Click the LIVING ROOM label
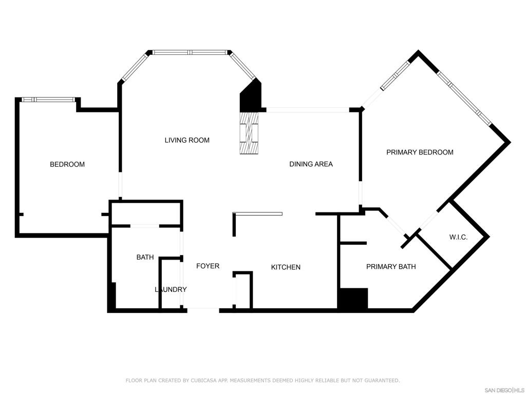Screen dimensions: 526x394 tap(187, 140)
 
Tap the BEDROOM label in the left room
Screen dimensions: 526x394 tap(67, 164)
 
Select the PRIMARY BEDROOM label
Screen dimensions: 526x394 tap(420, 152)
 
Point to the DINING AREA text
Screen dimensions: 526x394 tap(311, 164)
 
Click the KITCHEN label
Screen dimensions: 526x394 tap(286, 267)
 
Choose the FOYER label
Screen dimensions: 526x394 tap(208, 266)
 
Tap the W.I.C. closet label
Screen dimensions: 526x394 tap(458, 237)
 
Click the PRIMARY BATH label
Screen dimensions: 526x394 tap(391, 266)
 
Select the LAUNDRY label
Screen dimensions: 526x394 tap(171, 289)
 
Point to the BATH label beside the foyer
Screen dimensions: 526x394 tap(145, 257)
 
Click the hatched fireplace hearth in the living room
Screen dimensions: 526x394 tap(249, 133)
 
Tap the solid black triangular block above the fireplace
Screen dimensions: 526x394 tap(251, 96)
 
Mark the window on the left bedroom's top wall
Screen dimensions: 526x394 tap(47, 100)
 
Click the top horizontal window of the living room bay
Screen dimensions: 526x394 tap(190, 52)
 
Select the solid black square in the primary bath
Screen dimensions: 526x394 tap(354, 298)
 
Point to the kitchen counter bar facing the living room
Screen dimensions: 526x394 tap(257, 214)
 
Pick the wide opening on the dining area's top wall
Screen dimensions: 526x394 tap(308, 110)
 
